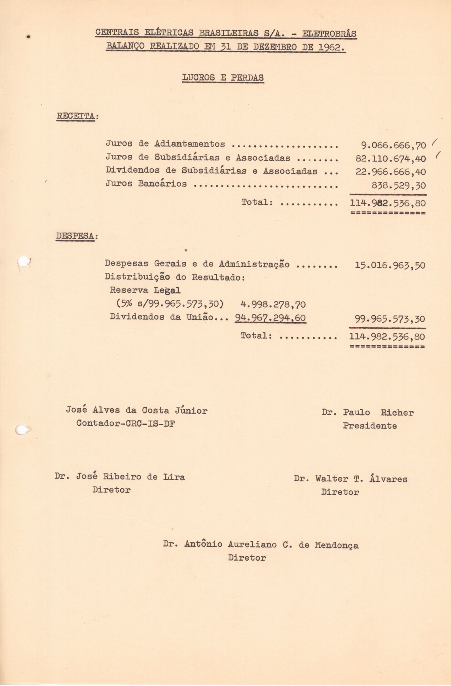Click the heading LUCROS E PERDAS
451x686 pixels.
223,78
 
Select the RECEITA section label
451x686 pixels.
76,116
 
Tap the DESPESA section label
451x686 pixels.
75,237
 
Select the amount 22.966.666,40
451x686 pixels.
391,172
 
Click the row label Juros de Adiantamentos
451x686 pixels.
165,144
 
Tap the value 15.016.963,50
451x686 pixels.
390,265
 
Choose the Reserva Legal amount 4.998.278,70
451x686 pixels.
273,304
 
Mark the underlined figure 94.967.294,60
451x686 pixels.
271,318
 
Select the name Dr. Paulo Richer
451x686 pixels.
367,413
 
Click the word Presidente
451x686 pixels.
370,426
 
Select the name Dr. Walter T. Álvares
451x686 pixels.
351,479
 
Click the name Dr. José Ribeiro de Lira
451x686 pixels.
120,477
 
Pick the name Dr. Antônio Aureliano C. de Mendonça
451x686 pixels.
261,545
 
